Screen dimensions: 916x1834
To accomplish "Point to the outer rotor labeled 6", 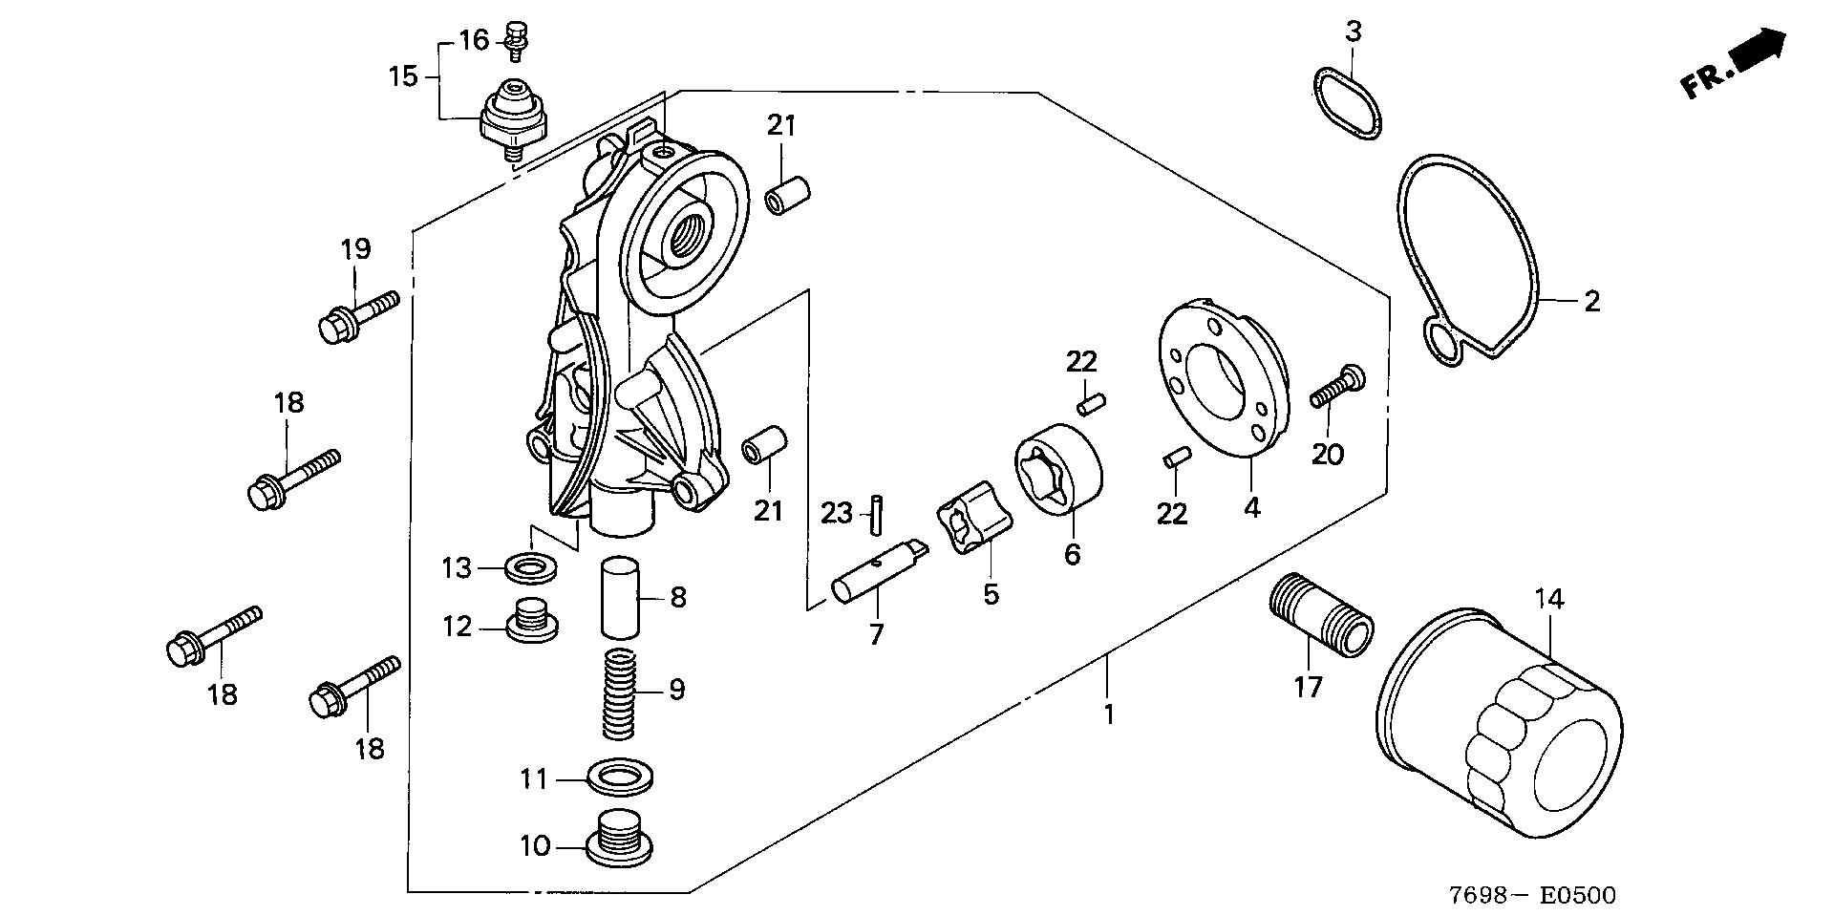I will [x=1058, y=470].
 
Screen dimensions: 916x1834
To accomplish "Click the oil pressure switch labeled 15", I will [x=517, y=118].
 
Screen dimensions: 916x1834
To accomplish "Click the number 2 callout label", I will [x=1590, y=301].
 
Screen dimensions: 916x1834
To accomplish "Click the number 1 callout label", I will [x=1109, y=714].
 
